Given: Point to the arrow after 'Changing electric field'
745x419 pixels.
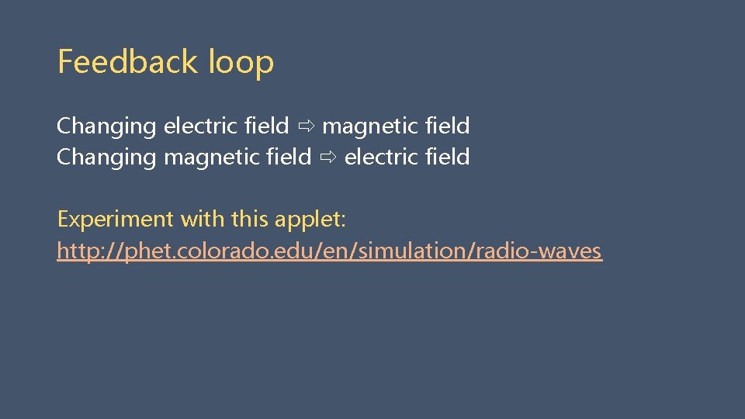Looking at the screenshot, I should pos(306,126).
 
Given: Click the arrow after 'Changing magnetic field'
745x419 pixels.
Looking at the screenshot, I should pos(327,158).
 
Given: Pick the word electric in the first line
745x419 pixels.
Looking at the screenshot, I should pos(198,126).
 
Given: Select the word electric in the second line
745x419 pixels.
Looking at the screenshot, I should pos(379,157).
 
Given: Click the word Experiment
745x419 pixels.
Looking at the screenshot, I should pos(116,220).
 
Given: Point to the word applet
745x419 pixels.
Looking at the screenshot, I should pos(310,220).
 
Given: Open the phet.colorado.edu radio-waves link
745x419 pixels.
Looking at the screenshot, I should pos(329,251).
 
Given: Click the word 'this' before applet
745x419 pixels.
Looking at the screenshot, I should pos(249,220).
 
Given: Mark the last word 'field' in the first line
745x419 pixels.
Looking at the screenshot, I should pos(448,126).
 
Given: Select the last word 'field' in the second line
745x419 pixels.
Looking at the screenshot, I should pos(448,157).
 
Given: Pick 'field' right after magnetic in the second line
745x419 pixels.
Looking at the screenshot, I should pos(289,157).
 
